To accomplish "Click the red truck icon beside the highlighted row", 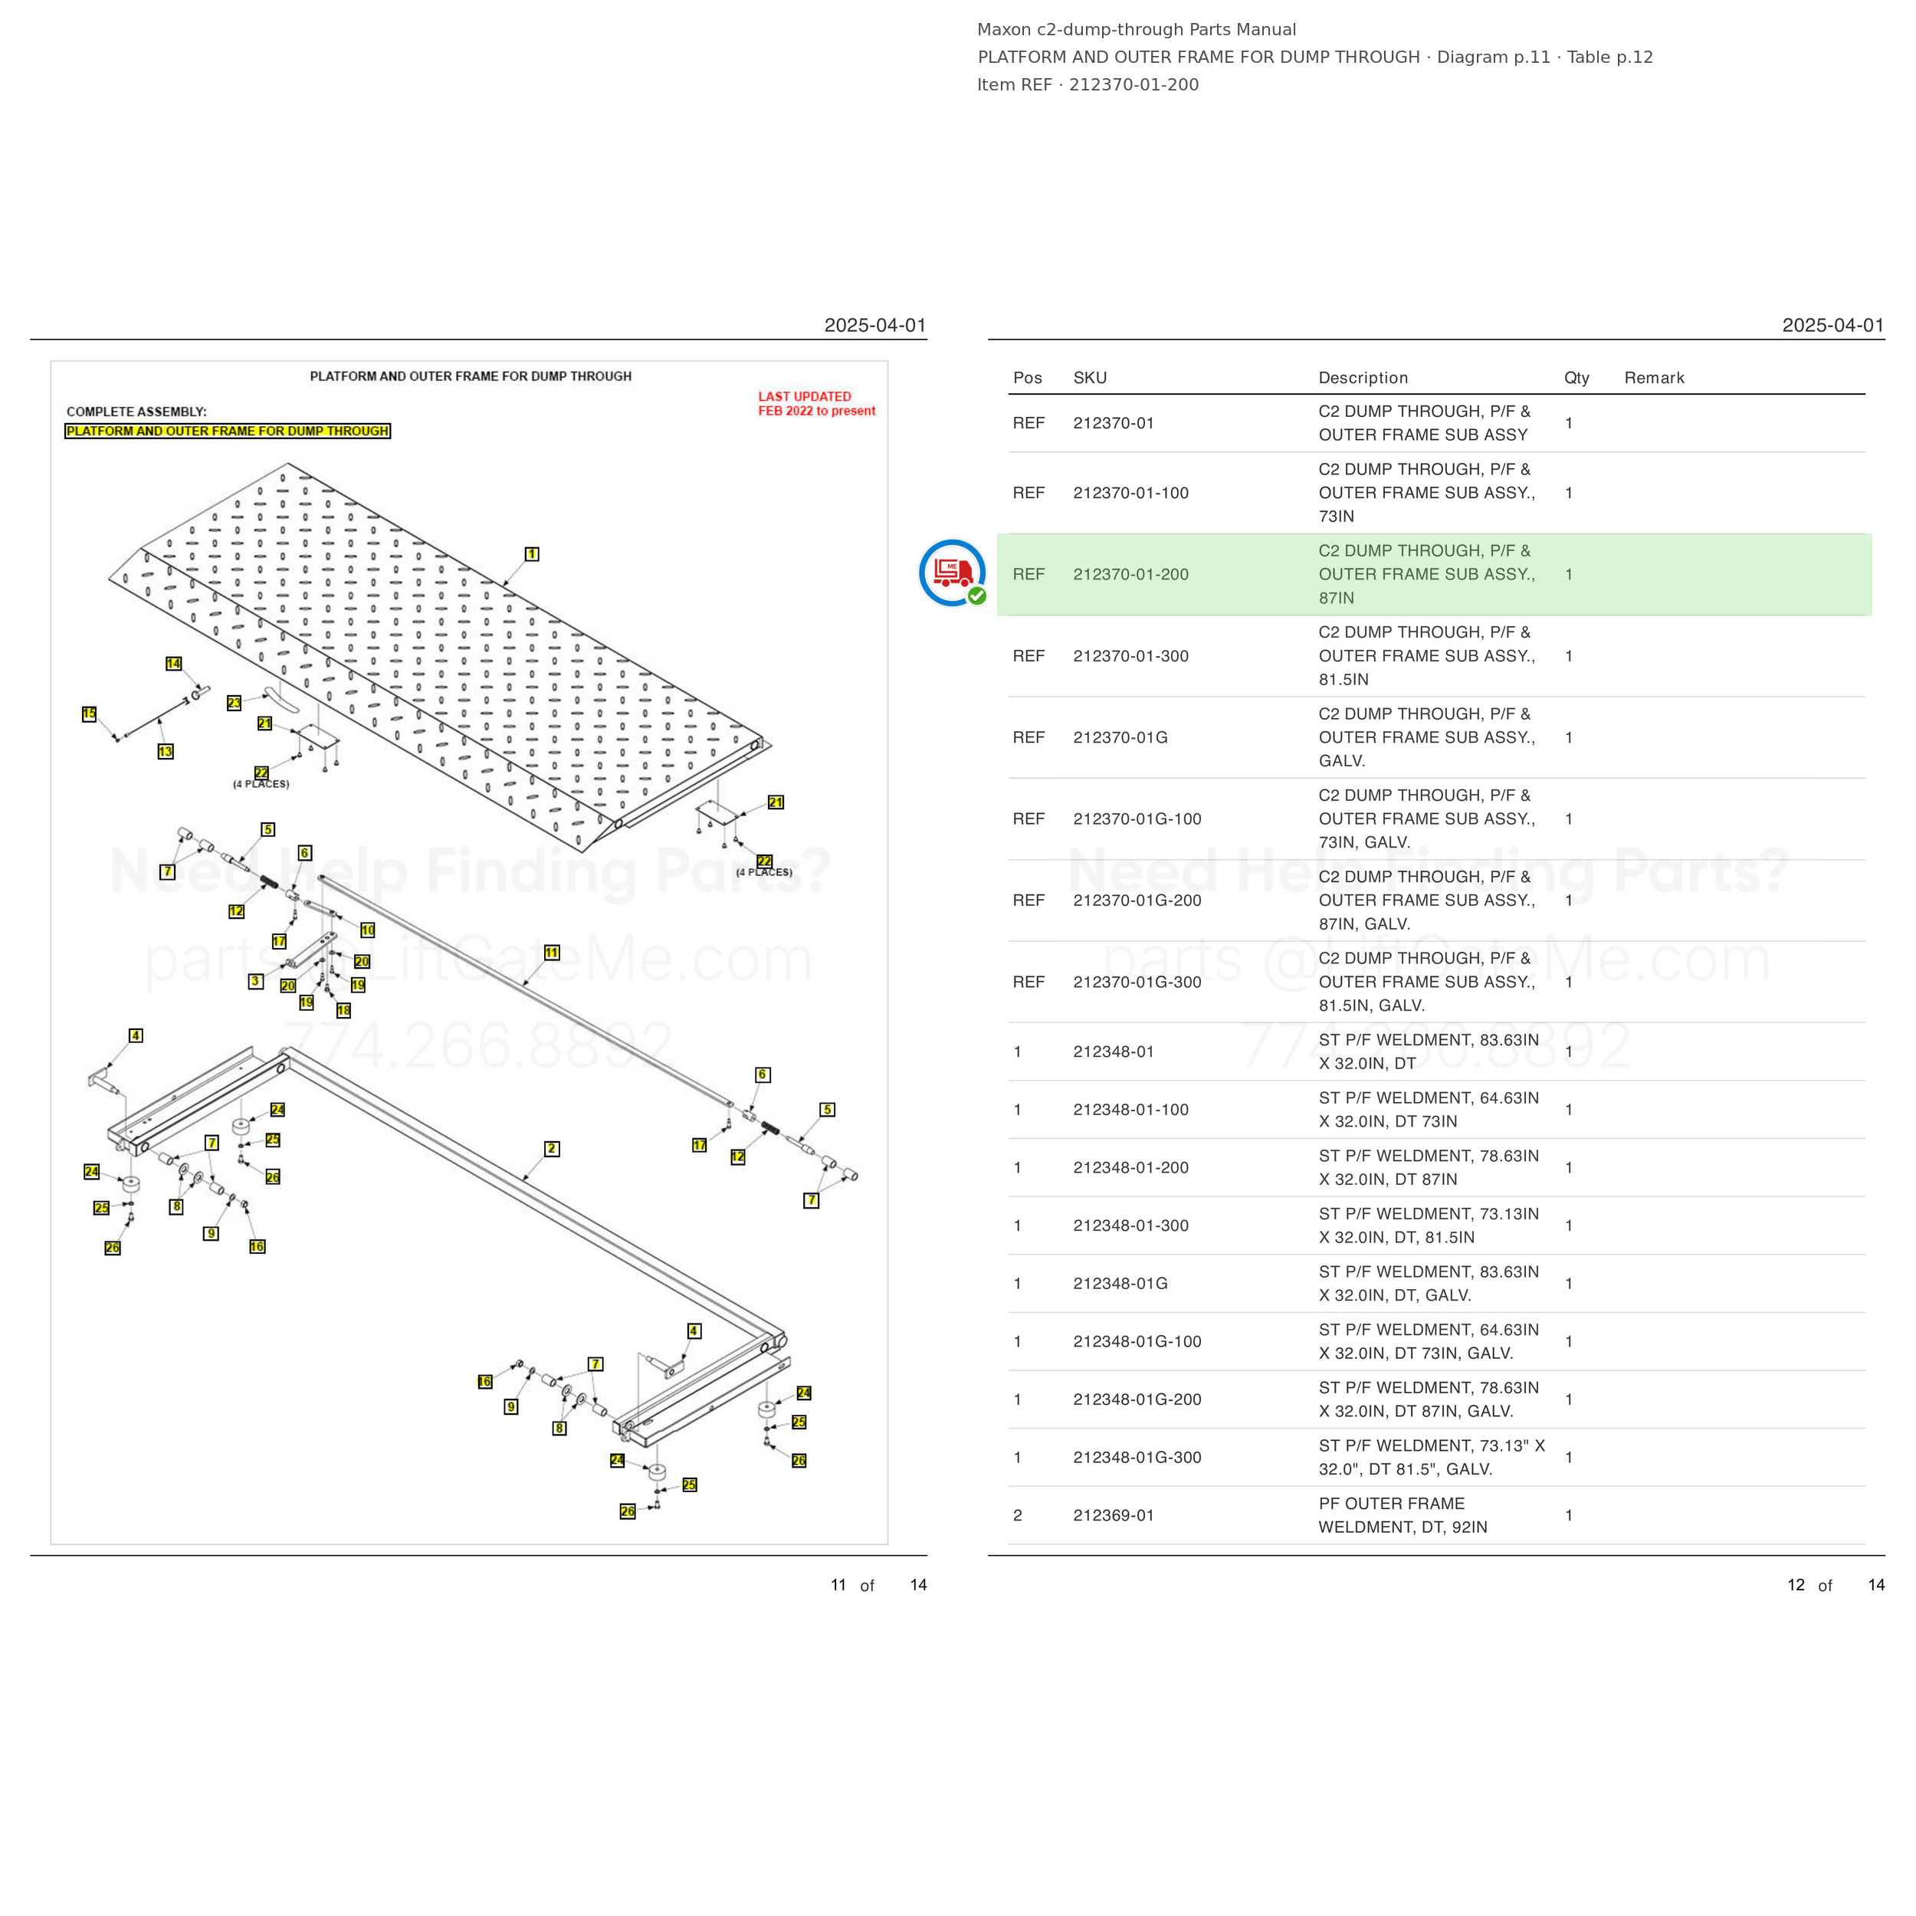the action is point(952,573).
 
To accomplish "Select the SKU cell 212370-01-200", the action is point(1130,574).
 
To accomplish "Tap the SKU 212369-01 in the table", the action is point(1114,1515).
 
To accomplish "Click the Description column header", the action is point(1363,378).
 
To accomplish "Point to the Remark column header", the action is point(1654,378).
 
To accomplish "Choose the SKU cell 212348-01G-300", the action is point(1137,1458).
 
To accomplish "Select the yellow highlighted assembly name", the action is point(227,431).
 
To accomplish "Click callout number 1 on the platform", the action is point(532,554).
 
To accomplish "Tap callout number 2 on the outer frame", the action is point(551,1148).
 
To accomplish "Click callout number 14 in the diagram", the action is point(173,664).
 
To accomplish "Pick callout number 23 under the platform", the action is point(234,703).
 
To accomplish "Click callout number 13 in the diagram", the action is point(166,752).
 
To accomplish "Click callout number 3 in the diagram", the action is point(256,981).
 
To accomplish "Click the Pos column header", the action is point(1028,378).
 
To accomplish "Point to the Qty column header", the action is point(1576,378).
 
